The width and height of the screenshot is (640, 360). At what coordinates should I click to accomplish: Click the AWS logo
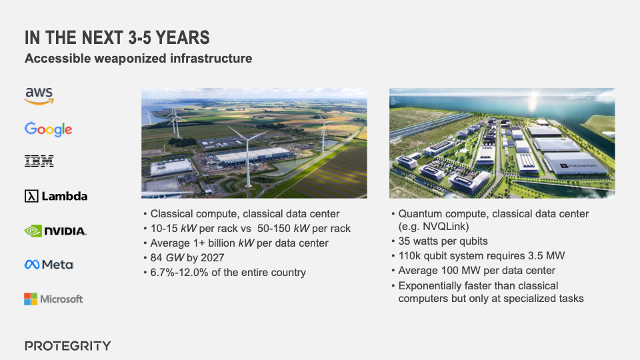point(39,96)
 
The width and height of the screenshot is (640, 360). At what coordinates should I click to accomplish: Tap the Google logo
point(48,129)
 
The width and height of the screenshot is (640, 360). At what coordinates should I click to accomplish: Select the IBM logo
point(39,161)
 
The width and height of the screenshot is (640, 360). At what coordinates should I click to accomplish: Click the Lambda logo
point(56,196)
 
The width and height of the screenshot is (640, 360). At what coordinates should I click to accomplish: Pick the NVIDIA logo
point(55,231)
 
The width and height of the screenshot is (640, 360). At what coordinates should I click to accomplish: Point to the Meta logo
point(49,265)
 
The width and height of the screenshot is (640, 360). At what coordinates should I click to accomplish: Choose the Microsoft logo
point(53,299)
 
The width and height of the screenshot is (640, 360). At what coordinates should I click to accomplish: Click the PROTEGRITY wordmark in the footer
point(68,346)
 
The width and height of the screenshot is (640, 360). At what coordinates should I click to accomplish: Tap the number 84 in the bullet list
point(157,257)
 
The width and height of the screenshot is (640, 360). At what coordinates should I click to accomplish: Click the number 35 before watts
point(405,241)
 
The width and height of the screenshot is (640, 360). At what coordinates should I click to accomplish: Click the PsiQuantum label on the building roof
point(579,166)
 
